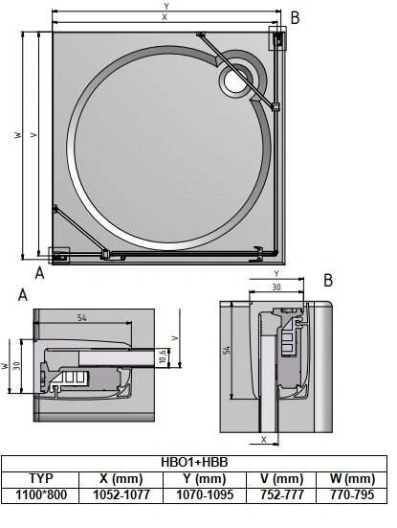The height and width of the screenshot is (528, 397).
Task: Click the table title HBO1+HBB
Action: [x=194, y=462]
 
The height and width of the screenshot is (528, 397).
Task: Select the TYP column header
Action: [x=41, y=478]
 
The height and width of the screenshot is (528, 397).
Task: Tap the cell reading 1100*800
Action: [x=41, y=494]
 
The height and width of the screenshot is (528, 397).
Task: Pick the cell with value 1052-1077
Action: [x=121, y=494]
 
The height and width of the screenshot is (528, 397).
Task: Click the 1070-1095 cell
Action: [x=205, y=494]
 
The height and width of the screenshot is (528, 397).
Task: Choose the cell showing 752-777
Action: [x=281, y=494]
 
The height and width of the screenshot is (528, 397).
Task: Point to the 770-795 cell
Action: [x=352, y=494]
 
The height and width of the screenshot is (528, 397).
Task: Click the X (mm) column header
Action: [x=121, y=478]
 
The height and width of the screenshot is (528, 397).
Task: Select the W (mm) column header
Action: [x=352, y=478]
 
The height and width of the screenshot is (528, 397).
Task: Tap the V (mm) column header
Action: [x=281, y=478]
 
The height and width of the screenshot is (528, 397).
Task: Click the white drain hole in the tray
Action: [x=235, y=81]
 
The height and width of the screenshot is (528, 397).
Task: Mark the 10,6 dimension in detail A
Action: [x=163, y=356]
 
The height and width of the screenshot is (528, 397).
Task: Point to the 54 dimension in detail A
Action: [x=82, y=317]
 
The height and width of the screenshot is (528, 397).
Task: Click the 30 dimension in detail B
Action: [x=276, y=287]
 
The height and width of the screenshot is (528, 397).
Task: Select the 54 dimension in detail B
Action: [x=228, y=350]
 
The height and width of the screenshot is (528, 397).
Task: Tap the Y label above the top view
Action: [x=166, y=6]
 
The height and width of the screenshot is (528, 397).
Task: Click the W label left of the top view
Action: [x=18, y=135]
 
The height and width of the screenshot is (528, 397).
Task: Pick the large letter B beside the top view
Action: [x=295, y=18]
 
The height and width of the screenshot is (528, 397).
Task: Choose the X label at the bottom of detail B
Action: [x=263, y=440]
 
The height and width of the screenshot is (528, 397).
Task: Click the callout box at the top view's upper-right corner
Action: [x=277, y=38]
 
